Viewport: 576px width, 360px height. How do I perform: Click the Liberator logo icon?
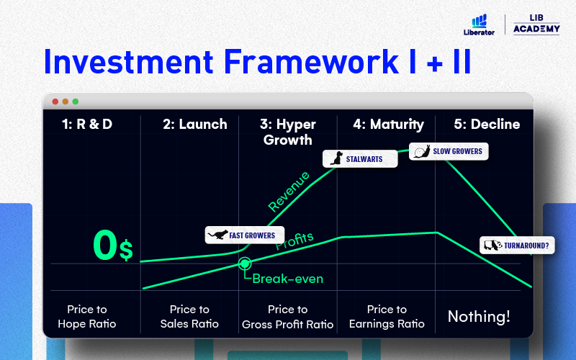click(479, 21)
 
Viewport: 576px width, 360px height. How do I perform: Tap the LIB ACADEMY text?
click(536, 24)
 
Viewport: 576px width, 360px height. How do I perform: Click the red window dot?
click(55, 102)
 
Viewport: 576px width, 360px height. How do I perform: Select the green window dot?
click(76, 102)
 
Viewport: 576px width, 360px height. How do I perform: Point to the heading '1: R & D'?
click(87, 124)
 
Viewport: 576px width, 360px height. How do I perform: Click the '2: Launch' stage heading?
click(195, 124)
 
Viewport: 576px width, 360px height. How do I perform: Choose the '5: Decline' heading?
click(487, 124)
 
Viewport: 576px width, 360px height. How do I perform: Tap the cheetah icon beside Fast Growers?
click(218, 235)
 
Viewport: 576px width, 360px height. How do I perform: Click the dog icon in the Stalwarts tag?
click(336, 158)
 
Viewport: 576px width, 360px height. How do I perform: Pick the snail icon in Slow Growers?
click(422, 151)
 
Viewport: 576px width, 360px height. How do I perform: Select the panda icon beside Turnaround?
click(492, 245)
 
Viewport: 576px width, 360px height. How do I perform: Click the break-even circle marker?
click(245, 264)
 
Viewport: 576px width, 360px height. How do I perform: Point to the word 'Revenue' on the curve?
click(289, 192)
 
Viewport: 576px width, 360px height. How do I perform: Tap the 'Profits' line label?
click(294, 240)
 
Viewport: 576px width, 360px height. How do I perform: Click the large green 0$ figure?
click(113, 246)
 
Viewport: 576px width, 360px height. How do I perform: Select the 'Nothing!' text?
click(479, 316)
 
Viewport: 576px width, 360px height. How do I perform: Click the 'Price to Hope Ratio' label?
click(87, 317)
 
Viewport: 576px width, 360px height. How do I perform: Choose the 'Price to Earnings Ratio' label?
click(387, 317)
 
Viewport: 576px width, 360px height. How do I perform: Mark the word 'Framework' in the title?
click(311, 61)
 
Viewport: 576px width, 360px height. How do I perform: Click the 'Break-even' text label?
click(287, 279)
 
